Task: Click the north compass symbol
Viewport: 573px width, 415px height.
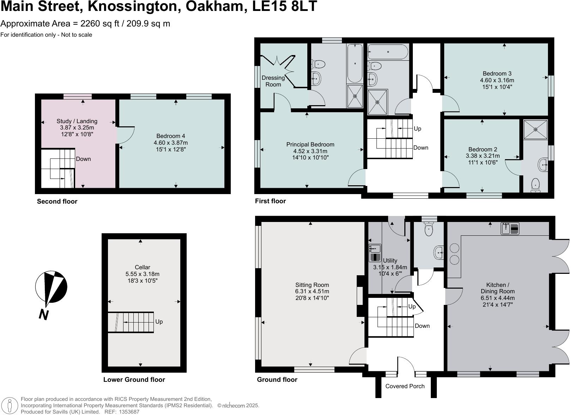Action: pos(51,287)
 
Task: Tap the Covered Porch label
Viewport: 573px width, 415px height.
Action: pos(405,386)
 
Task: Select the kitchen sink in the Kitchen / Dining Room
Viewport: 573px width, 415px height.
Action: pos(510,228)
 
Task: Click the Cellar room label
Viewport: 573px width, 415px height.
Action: pos(142,267)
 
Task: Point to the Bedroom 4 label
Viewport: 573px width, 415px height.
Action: pos(170,136)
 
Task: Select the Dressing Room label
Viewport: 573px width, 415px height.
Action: pos(273,81)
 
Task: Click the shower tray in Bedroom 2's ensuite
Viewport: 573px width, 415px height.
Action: pos(535,130)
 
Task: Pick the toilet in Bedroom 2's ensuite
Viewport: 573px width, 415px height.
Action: pos(535,186)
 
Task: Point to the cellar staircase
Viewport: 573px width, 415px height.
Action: pos(131,322)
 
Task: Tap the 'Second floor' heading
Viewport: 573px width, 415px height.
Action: pos(57,202)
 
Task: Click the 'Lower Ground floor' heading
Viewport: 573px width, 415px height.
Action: pos(134,380)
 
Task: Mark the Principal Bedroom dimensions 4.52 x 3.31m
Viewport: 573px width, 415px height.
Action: pos(310,151)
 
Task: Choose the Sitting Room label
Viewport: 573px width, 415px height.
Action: pos(312,285)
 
